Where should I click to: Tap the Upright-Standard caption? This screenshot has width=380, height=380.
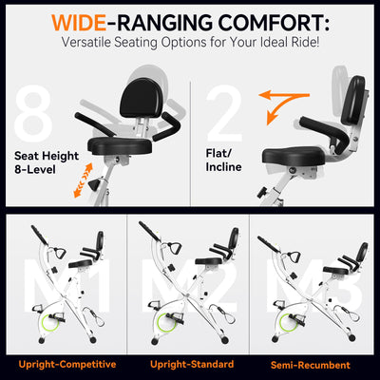189,364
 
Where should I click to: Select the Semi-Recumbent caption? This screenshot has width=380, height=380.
311,364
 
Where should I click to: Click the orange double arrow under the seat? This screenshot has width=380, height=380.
84,177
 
